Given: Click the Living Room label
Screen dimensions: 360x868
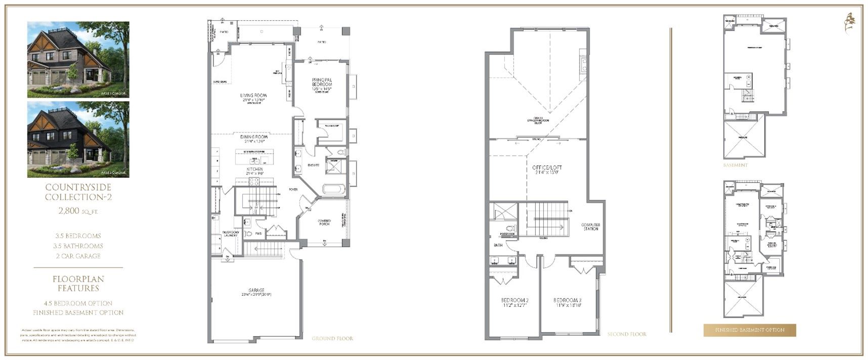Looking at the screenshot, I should coord(253,96).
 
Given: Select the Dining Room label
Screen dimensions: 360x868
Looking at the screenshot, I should coord(254,137).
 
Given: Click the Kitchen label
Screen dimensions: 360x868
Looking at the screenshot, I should coord(254,169).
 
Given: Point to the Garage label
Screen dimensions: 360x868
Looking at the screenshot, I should coord(256,291).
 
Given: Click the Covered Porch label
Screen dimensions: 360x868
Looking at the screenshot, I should coord(324,222).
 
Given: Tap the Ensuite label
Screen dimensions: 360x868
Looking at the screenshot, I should coord(313,165).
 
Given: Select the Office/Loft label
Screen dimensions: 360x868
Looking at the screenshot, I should coord(547,168).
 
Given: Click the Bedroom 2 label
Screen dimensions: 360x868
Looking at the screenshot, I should coord(514,300).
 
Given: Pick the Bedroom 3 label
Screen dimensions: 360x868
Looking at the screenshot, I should coord(567,300).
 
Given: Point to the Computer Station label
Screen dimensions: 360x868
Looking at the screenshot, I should coord(590,227).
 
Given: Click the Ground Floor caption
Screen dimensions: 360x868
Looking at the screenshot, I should coord(332,338).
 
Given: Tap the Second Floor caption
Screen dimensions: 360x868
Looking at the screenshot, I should coord(627,334).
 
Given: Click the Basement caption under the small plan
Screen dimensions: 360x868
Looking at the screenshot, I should coord(735,165).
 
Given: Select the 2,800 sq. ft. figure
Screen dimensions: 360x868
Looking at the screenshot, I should coord(78,211).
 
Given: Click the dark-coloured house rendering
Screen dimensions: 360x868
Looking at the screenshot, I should coord(78,140).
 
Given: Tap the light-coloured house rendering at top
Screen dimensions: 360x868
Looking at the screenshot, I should coord(78,59).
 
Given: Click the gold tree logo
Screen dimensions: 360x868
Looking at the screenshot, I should coord(850,23).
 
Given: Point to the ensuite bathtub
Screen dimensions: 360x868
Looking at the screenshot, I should coord(333,191).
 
